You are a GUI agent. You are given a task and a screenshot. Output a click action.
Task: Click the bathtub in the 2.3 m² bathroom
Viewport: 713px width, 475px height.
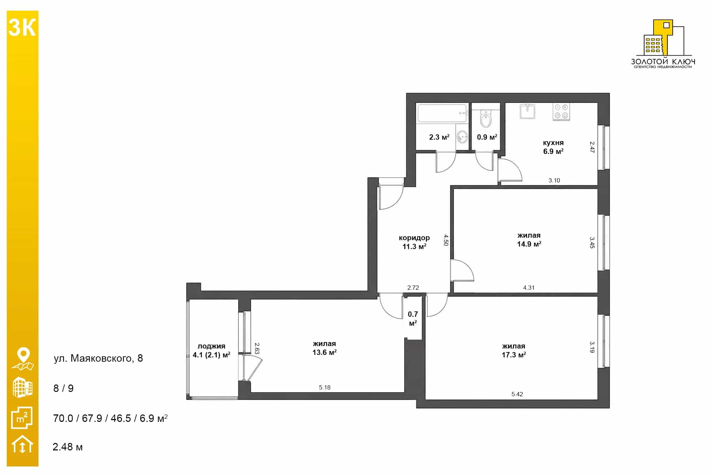442,113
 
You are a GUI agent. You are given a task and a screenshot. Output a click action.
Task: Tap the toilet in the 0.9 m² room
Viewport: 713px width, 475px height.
486,119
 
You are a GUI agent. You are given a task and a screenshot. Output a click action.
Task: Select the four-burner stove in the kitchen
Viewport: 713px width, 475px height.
561,112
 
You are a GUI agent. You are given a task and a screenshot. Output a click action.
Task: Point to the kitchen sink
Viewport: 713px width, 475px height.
527,111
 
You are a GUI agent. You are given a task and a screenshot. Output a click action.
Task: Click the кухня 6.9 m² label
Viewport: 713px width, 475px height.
553,147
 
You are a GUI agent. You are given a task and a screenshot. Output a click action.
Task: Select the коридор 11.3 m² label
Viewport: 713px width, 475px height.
414,242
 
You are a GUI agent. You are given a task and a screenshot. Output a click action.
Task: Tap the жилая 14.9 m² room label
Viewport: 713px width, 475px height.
529,239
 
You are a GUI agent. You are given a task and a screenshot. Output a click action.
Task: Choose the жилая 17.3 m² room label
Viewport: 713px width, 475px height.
514,350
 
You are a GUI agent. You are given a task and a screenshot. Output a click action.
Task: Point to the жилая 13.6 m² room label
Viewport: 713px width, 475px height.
324,348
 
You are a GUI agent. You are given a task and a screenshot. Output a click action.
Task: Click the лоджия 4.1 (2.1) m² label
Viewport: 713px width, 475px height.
211,350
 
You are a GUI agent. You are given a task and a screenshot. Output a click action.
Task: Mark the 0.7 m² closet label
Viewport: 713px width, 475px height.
413,319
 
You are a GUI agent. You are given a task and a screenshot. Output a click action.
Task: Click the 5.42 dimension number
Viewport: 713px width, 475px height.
517,394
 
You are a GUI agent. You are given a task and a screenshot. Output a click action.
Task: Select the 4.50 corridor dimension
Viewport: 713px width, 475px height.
446,240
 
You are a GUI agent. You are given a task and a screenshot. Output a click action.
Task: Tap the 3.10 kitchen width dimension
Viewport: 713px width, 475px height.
554,180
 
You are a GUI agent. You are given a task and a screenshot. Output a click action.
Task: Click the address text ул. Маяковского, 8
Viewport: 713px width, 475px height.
98,358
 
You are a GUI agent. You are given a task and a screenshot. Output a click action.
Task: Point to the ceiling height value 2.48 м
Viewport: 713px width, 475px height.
68,447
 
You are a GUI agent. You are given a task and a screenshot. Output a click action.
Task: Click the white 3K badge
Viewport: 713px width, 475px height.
22,27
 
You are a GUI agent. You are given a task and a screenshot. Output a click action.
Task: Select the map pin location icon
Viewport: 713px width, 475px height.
23,359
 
